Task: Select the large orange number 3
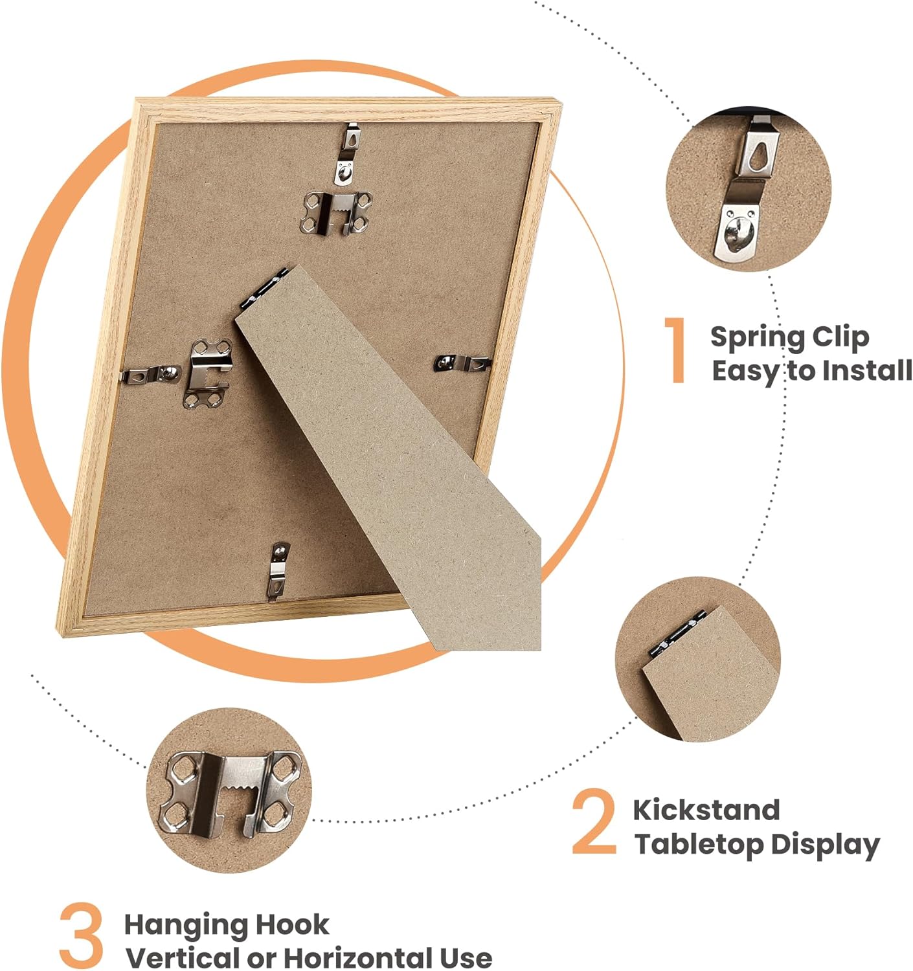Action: pos(81,934)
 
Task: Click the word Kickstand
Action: pos(706,810)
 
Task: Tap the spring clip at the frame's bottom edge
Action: pos(278,570)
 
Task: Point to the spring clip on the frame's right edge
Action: pos(462,363)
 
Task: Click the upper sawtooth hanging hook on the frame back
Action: pos(335,213)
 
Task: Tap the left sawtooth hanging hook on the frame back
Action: pos(207,373)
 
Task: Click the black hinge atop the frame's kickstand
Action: pos(264,289)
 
